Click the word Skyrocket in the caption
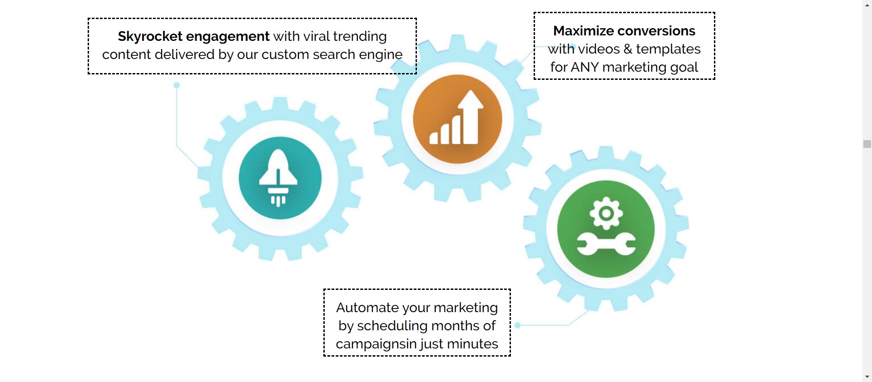150,36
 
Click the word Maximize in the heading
579,31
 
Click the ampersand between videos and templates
628,49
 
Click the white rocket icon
278,170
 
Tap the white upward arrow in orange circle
470,113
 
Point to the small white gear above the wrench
606,213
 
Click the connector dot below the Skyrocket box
177,85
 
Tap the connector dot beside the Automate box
517,325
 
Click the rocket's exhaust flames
278,200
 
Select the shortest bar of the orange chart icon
433,138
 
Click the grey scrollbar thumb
867,144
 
